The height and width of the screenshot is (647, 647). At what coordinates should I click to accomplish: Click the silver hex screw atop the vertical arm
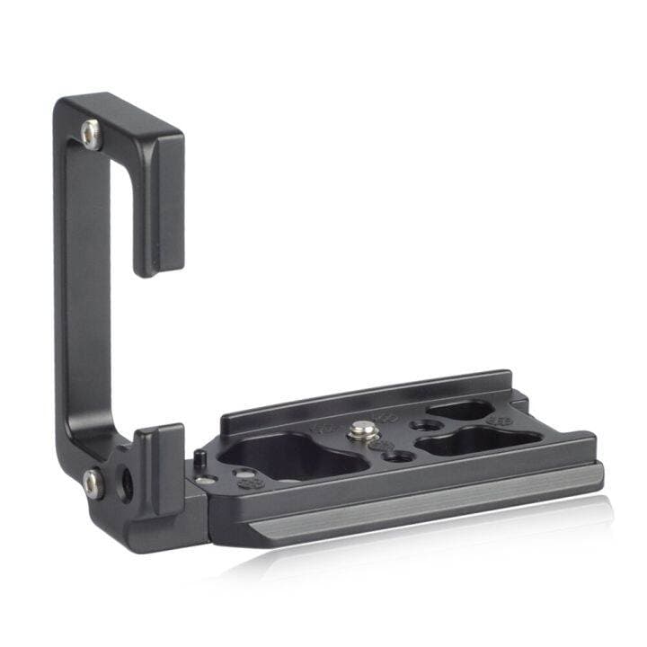point(89,133)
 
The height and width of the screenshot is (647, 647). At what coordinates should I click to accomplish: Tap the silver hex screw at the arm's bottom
point(93,482)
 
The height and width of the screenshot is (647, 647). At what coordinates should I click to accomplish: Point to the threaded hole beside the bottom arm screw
point(127,486)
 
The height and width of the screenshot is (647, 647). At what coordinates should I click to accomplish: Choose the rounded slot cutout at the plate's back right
point(459,411)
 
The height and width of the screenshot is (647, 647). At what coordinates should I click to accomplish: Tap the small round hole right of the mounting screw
point(418,423)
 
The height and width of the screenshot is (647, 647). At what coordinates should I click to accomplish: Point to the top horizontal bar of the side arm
point(126,117)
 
